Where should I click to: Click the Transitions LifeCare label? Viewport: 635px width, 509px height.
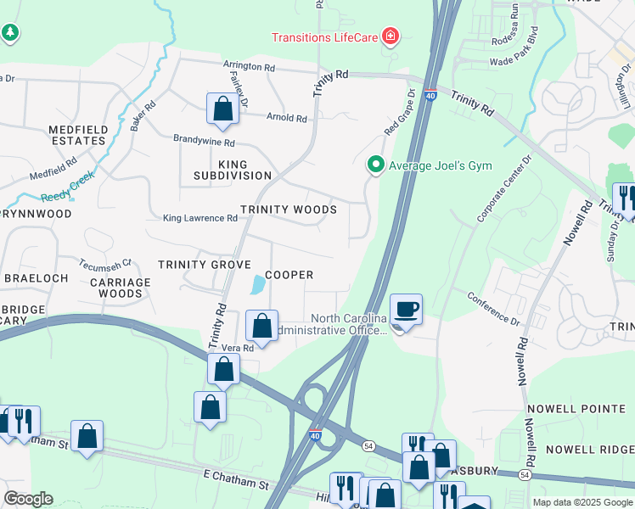[325, 36]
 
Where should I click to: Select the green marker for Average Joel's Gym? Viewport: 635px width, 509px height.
[374, 165]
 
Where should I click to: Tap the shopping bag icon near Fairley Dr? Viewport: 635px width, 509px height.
[222, 108]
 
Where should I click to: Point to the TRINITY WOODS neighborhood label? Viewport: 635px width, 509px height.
[289, 209]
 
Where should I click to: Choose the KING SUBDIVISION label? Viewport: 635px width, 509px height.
[233, 170]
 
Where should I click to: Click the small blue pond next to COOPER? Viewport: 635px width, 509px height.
[256, 285]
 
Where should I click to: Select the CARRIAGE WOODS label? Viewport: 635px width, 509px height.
[121, 288]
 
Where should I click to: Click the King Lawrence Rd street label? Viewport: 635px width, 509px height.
[200, 218]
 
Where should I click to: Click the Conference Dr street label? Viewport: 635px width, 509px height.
[493, 308]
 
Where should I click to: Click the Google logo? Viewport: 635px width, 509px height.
[28, 499]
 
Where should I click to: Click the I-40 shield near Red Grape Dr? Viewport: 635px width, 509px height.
[431, 96]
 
